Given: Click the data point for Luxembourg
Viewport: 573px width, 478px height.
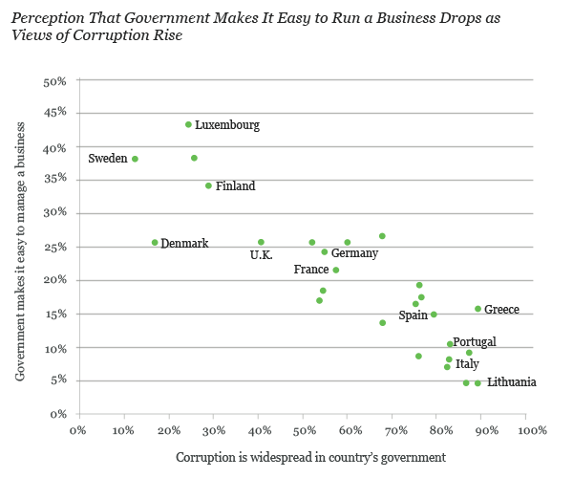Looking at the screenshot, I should [x=188, y=124].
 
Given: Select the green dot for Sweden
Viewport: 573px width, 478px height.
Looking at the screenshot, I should [x=135, y=159].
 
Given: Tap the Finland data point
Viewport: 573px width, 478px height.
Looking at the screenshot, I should [x=208, y=185].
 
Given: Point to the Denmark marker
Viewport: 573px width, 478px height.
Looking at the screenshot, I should [x=155, y=243].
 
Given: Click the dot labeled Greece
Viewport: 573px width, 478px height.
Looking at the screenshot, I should [x=477, y=309].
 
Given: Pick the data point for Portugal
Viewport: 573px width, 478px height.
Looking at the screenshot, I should [x=450, y=344].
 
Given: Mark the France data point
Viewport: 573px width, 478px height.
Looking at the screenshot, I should [x=335, y=270].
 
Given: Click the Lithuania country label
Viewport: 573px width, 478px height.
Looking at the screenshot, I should [x=511, y=382].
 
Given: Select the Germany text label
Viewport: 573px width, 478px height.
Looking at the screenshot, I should [x=354, y=253].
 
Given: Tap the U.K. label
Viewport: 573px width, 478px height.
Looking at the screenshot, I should [x=261, y=255].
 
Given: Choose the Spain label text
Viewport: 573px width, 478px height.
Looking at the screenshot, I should [x=413, y=315].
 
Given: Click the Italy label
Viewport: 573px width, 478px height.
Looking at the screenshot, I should [x=467, y=364].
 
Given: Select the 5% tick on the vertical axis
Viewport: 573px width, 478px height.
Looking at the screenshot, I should [x=58, y=380].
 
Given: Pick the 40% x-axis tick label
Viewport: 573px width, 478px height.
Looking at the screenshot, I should [x=258, y=430].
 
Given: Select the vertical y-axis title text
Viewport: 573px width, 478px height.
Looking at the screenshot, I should [x=20, y=247].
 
